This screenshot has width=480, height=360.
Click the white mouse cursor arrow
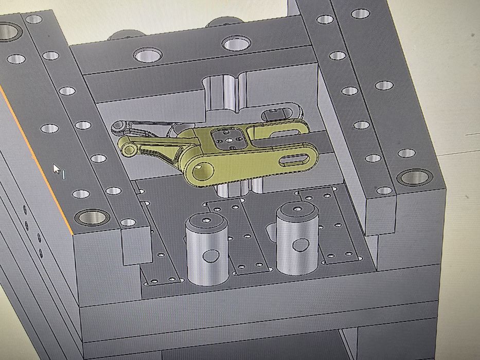(x=57, y=169)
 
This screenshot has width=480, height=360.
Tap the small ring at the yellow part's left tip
(x=127, y=149)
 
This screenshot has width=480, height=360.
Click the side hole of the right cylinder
(x=300, y=244)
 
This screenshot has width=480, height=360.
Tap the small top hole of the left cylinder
(x=205, y=220)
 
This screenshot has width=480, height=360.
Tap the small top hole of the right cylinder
(x=296, y=209)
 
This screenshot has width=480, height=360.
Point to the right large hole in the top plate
(x=236, y=43)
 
